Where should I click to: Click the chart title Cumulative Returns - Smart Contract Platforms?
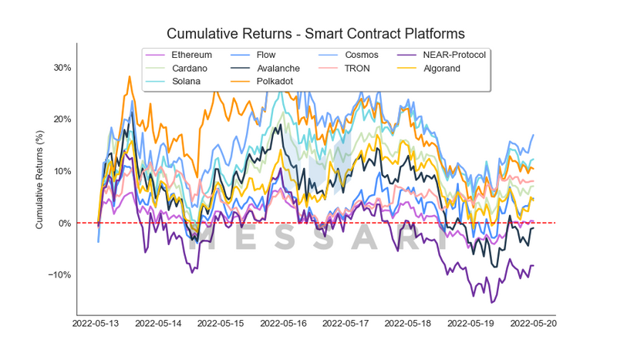[x=315, y=34]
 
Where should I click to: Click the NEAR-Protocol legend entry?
[x=448, y=56]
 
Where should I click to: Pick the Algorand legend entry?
[x=442, y=69]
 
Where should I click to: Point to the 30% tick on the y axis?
[x=62, y=68]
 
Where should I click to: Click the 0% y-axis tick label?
[x=64, y=224]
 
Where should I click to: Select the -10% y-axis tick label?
[x=59, y=275]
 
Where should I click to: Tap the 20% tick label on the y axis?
[x=62, y=119]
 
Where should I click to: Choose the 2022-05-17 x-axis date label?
[x=348, y=324]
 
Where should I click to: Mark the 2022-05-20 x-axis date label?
[x=534, y=324]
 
